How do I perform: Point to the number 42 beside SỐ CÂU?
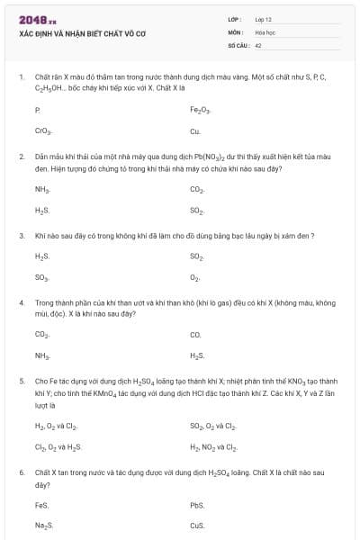coord(258,44)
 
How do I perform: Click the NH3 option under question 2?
coord(41,189)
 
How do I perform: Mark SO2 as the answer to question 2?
coord(197,211)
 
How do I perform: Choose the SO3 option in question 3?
coord(41,278)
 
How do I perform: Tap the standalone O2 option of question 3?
coord(195,278)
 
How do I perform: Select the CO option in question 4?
coord(195,335)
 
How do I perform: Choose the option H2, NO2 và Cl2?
coord(213,446)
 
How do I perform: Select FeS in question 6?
coord(41,504)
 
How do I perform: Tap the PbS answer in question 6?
coord(197,504)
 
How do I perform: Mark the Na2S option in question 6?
coord(43,526)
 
